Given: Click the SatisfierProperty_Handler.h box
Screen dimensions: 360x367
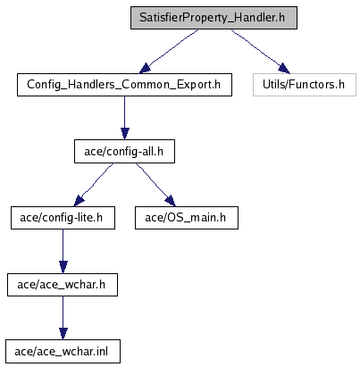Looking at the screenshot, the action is (213, 18).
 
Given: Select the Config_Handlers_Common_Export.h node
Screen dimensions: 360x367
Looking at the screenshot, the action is (124, 85).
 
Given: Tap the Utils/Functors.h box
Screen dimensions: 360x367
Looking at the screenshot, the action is (305, 85).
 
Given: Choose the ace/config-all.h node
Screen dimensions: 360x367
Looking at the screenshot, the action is (124, 152).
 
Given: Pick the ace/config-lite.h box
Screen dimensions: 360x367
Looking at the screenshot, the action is (63, 218).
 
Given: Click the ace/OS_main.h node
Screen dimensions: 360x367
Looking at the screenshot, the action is (187, 218).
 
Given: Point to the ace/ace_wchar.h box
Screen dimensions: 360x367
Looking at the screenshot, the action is (63, 285).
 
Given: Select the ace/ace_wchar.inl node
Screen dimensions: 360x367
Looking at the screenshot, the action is (63, 352).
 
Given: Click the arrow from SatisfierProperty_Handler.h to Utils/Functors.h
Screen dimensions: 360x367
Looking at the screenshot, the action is (260, 51).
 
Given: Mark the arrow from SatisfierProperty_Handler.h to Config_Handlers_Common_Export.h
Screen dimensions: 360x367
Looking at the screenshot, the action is (169, 51).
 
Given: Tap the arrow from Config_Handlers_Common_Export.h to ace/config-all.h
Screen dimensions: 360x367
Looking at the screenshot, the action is (125, 118).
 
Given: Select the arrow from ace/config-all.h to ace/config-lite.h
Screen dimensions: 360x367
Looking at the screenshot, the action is (94, 185).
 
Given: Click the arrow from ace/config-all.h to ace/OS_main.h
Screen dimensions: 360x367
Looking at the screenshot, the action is (155, 185).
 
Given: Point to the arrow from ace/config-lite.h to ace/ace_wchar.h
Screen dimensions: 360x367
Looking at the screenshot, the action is (63, 251).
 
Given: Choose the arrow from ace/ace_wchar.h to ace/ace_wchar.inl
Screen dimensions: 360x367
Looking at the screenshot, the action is (63, 318).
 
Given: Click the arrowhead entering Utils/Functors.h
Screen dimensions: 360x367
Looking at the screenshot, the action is (284, 69).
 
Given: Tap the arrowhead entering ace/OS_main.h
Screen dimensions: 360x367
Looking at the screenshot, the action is (171, 201).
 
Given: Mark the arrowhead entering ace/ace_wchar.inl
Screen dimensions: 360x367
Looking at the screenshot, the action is (63, 334).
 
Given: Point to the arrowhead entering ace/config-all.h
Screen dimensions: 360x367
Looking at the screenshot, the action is (125, 134).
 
